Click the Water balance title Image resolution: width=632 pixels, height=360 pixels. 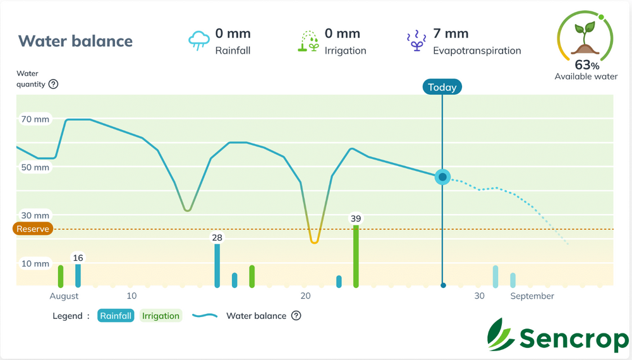coord(75,41)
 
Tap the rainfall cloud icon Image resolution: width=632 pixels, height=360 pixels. coord(199,40)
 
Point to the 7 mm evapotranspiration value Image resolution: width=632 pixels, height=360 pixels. coord(451,33)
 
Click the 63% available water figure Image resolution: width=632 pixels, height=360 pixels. coord(586,64)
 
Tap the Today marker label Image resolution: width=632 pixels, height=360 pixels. coord(442,87)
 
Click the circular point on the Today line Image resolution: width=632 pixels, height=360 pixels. coord(443,177)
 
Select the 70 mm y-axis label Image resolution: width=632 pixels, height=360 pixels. coord(35,119)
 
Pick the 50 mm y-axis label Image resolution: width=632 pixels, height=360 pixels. coord(35,167)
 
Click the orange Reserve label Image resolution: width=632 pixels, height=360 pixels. coord(32,229)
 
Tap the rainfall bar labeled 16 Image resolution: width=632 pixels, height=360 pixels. coord(78,275)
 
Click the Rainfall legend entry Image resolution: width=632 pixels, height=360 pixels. coord(116,316)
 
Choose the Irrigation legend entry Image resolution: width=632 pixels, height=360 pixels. coord(161,316)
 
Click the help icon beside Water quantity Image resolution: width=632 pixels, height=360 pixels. coord(53,84)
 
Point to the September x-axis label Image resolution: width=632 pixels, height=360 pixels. coord(532,296)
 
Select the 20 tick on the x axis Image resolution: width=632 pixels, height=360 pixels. coord(306,296)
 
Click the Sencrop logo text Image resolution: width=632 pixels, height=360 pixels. coord(573,339)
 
